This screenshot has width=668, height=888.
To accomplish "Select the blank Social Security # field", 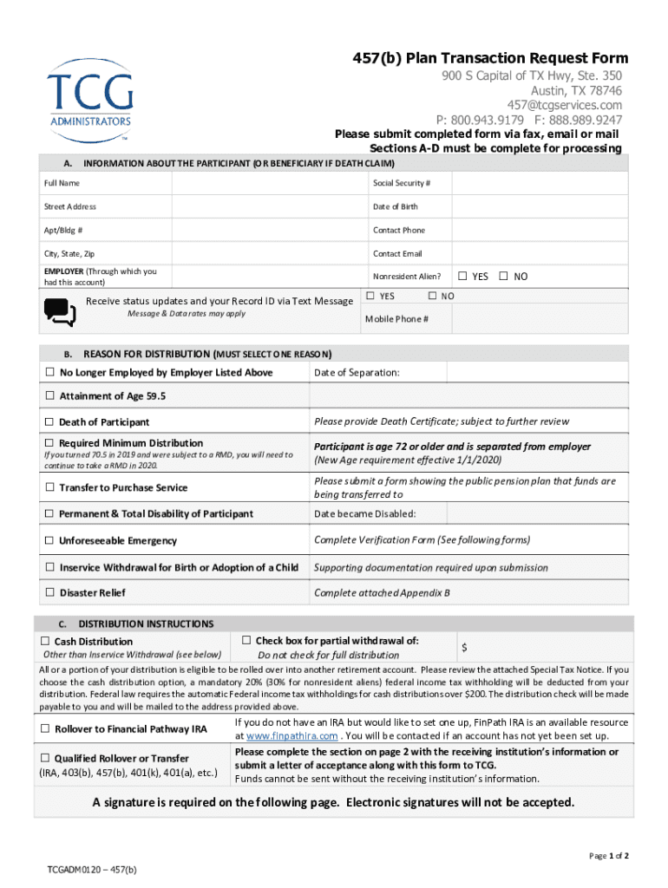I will (539, 183).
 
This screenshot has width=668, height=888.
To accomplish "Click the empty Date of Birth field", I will (539, 206).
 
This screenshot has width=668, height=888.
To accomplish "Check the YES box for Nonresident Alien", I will (462, 277).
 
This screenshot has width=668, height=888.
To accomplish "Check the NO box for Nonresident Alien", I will (504, 277).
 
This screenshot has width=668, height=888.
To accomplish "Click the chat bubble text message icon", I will (60, 312).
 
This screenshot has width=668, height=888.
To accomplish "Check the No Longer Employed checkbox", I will (49, 373).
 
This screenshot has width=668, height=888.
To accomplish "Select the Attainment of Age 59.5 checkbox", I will (49, 396).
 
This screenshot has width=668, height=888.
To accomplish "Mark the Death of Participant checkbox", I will (49, 422).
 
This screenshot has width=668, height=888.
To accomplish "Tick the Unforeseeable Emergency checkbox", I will (49, 541).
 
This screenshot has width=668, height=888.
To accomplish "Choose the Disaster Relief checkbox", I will (49, 593).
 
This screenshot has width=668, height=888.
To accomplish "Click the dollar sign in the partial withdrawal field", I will (465, 648).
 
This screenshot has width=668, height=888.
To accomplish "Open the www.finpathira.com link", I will (291, 736).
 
